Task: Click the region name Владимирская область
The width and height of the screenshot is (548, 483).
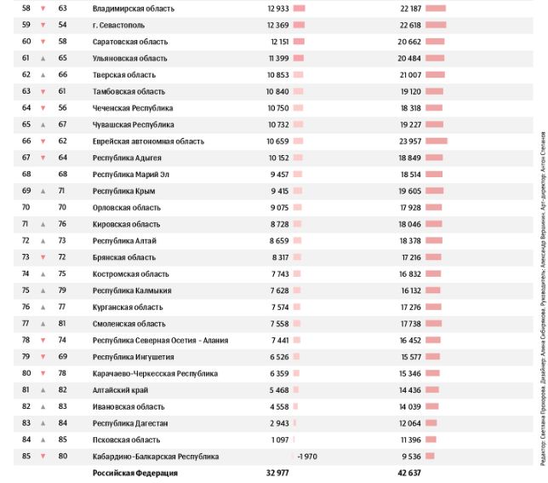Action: point(133,9)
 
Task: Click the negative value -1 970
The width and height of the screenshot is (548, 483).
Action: point(306,457)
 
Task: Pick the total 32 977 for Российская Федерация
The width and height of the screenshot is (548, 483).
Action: point(277,473)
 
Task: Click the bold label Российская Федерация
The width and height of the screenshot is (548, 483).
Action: point(134,473)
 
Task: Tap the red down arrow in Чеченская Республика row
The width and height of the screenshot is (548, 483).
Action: point(43,108)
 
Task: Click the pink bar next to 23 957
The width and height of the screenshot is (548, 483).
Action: point(437,141)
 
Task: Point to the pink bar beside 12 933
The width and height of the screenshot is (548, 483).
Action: point(299,9)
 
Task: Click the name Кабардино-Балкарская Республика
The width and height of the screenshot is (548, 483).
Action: point(155,457)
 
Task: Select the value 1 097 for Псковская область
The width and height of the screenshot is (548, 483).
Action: point(280,440)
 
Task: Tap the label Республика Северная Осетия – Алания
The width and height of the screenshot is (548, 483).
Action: point(160,341)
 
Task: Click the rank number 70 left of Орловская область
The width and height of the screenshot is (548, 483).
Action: point(26,208)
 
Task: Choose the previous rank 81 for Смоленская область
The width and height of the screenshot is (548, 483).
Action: point(62,325)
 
